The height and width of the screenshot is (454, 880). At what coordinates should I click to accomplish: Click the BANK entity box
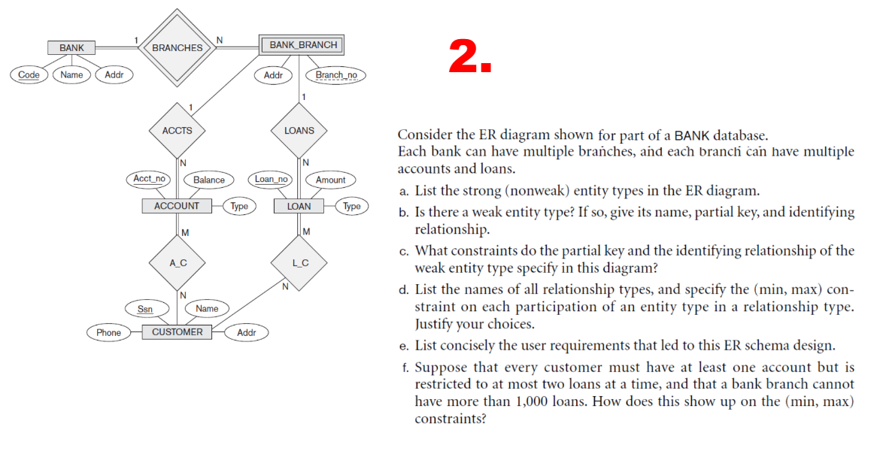71,48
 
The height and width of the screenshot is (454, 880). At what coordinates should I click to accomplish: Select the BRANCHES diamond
178,47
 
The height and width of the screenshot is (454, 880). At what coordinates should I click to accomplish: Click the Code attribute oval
29,74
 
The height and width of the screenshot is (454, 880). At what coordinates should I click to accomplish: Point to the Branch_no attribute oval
336,75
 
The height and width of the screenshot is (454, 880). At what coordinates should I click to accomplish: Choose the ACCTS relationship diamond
178,130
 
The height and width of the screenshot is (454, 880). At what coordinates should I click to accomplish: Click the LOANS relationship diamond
299,130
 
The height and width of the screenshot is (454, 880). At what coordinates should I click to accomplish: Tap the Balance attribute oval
208,180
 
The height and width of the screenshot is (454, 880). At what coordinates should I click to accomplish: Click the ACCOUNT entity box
177,206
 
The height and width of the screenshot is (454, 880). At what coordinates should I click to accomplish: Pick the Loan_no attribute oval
271,179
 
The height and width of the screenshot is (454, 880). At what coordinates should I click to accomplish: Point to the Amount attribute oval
330,180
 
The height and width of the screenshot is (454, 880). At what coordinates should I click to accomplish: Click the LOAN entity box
299,206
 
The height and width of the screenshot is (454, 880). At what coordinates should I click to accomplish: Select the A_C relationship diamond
178,262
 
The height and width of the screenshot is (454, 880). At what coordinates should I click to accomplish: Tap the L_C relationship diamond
299,262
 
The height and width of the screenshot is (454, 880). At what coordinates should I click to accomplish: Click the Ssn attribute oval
145,309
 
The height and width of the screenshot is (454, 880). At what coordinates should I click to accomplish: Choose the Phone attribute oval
108,332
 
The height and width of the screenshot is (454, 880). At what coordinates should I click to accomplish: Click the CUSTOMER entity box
178,332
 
